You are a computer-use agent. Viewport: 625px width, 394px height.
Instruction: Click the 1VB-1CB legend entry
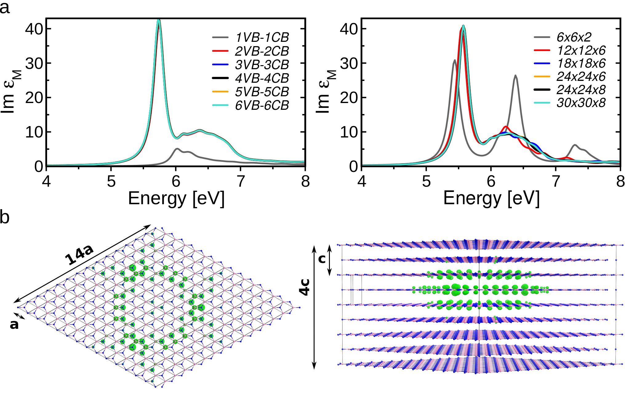coord(262,38)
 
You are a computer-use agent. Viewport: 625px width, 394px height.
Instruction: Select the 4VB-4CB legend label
coord(262,78)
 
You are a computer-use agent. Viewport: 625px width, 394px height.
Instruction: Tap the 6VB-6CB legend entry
coord(262,105)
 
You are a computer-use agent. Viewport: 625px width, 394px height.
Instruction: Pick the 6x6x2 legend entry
coord(574,37)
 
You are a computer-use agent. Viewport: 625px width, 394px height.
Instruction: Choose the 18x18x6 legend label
coord(581,63)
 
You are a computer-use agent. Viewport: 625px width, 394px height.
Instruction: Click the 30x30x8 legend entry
coord(581,103)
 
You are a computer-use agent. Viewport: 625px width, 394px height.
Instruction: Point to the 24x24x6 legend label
coord(581,76)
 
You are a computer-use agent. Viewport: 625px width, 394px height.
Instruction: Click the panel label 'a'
coord(5,7)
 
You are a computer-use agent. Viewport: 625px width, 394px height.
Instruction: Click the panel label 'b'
coord(5,217)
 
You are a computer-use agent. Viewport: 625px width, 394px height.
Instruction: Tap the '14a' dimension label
coord(79,255)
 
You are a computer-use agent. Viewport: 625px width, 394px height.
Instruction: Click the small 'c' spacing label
coord(322,259)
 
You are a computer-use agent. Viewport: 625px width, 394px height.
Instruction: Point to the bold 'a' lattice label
coord(14,324)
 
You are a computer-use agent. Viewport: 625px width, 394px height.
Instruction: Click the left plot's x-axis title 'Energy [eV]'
coord(176,198)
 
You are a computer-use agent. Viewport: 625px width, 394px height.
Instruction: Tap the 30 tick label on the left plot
coord(34,63)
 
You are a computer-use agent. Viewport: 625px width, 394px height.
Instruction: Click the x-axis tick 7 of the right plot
coord(556,181)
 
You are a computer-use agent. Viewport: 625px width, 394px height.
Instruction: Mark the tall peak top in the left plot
coord(158,21)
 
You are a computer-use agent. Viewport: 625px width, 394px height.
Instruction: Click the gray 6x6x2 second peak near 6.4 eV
coord(515,76)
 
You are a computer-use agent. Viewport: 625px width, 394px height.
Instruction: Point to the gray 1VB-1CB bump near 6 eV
coord(177,149)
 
